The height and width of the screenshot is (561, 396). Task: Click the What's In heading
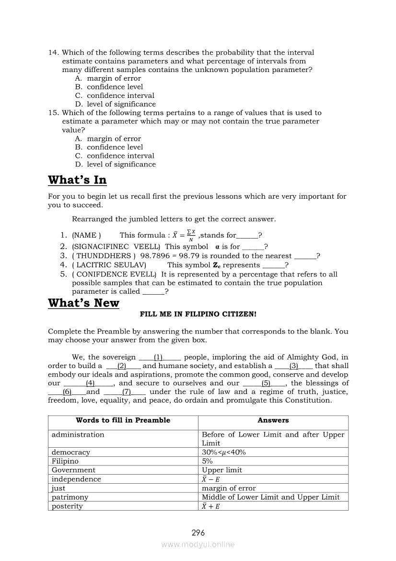77,180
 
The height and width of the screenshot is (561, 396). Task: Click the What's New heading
83,303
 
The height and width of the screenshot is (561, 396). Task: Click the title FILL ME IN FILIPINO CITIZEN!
198,314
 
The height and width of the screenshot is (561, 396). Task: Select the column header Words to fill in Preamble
123,420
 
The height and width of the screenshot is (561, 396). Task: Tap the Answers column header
273,420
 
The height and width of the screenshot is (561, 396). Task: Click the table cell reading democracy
71,453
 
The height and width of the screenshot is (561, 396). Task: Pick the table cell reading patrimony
70,498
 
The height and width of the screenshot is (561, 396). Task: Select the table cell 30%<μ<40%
224,453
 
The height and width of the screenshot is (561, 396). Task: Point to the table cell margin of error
229,489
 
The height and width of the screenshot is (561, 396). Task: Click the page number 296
198,533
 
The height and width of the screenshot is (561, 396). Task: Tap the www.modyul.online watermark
198,545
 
